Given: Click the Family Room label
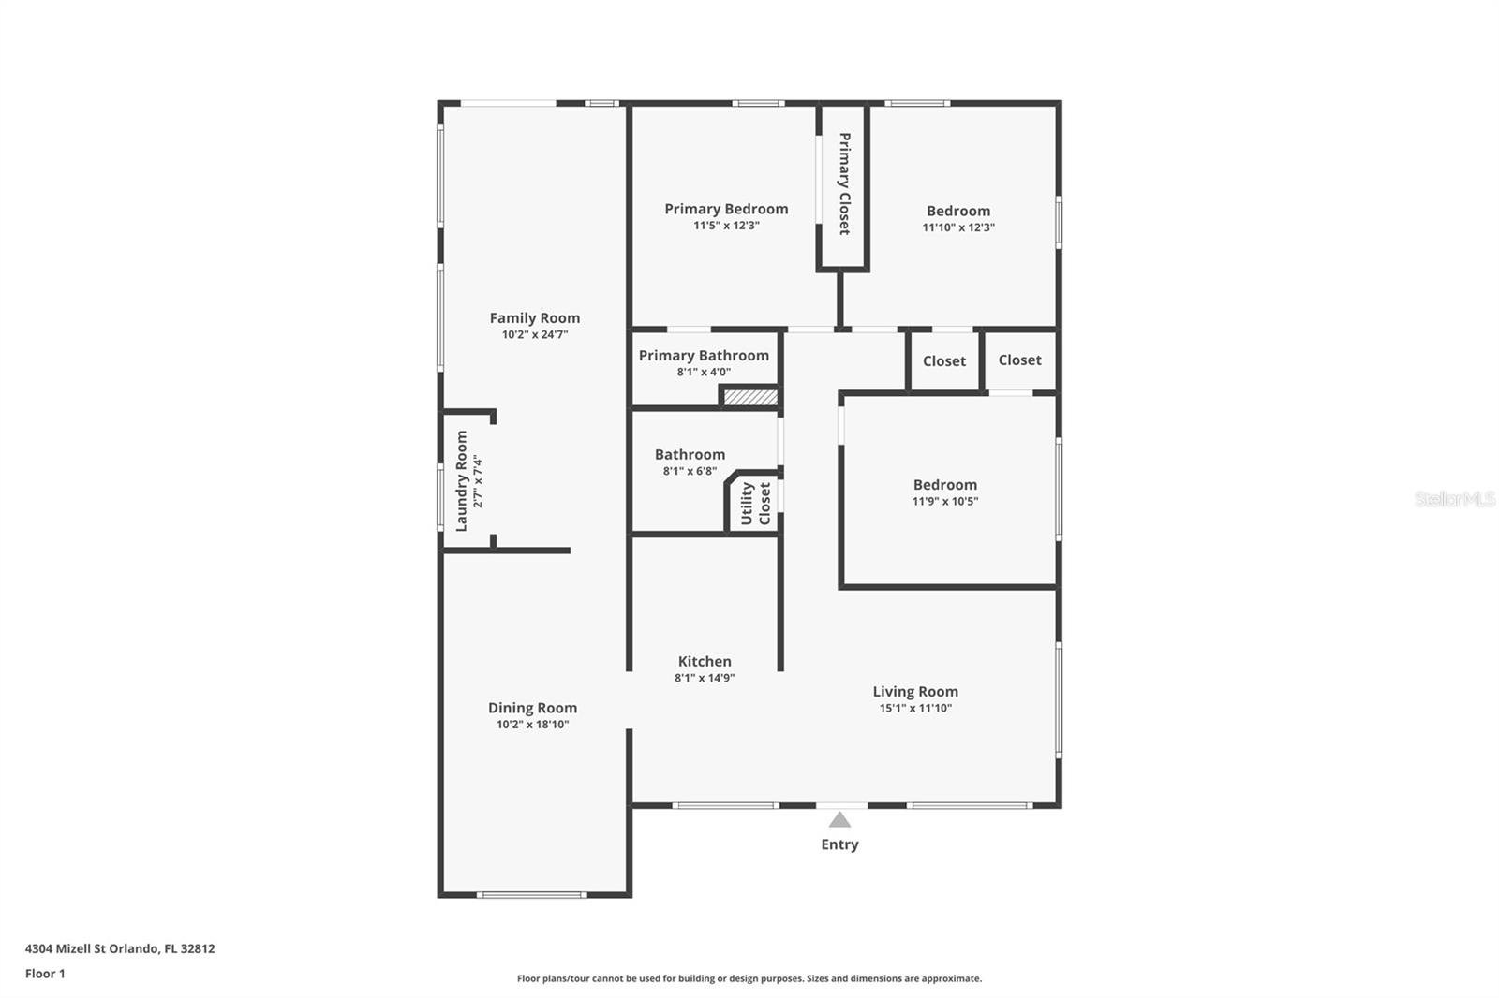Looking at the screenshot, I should (534, 318).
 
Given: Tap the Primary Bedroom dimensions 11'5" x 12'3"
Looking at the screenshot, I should (726, 226).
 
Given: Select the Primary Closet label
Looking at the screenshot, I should (844, 183).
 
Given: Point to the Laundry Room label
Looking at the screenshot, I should (461, 481).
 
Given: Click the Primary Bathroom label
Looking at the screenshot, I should (704, 356).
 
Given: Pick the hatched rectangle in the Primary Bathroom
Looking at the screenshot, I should (750, 398).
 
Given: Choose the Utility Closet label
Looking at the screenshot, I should (755, 504).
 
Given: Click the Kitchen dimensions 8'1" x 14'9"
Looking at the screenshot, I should (705, 678).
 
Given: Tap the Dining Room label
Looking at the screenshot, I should (532, 709).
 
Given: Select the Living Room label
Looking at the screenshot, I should (915, 692).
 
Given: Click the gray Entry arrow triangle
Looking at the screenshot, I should (839, 820).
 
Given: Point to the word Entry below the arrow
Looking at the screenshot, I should (839, 844).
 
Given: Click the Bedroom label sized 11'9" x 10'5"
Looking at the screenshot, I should (944, 485).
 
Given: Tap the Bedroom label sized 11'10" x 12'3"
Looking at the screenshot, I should (957, 212).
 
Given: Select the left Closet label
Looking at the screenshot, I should (943, 361).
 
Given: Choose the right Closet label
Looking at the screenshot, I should (1019, 360).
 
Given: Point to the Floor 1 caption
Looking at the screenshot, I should (45, 974).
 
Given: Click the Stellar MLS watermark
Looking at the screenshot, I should (1454, 499).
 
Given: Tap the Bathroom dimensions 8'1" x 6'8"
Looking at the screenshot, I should (690, 471).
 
